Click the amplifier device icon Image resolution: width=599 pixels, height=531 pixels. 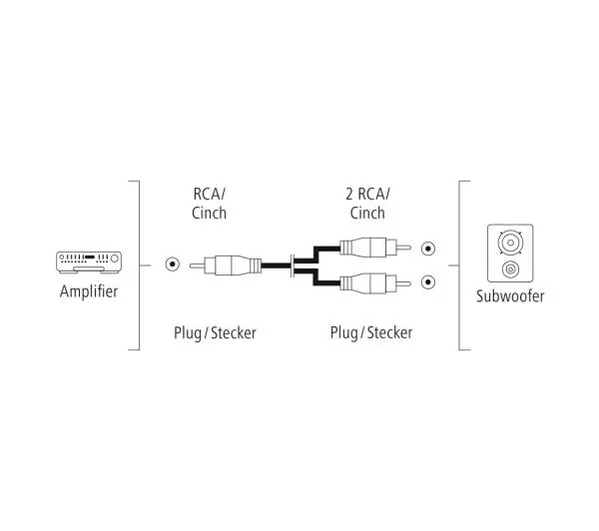(89, 263)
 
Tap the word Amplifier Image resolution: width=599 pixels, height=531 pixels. (89, 291)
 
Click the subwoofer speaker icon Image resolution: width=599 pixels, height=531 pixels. (510, 253)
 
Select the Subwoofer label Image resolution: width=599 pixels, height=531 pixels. (510, 296)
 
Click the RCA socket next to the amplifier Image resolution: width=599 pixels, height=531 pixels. (173, 264)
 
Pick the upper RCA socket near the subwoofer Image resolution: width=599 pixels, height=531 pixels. (428, 249)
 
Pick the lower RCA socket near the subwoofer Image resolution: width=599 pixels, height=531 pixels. (428, 282)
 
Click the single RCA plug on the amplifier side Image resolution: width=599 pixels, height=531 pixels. (226, 265)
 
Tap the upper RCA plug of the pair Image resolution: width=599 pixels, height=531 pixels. (375, 248)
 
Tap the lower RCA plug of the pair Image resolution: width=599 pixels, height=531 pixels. (375, 283)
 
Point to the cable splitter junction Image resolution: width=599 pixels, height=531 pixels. (293, 265)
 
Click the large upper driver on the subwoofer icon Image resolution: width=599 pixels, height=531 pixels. (510, 243)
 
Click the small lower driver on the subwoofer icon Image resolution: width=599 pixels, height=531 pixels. (510, 269)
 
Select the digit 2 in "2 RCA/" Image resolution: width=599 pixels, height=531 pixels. (349, 194)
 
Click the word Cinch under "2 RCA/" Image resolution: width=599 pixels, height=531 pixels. (367, 213)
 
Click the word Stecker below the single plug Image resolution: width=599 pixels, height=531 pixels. (234, 332)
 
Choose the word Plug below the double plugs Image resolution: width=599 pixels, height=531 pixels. (344, 333)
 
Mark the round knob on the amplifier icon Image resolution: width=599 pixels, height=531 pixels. (114, 259)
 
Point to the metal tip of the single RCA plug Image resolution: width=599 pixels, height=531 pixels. (197, 265)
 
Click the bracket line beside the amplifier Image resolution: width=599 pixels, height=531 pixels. (139, 265)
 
